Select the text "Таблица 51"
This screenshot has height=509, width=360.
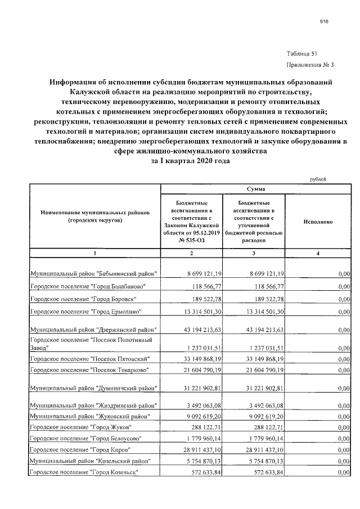pos(302,54)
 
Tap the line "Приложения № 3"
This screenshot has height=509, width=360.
pos(302,64)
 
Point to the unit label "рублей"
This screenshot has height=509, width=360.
pos(318,179)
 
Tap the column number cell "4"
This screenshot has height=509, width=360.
pos(318,253)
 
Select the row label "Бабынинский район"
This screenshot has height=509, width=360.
pos(94,273)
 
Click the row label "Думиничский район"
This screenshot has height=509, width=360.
pos(94,389)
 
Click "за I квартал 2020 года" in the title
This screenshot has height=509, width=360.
pos(191,160)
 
